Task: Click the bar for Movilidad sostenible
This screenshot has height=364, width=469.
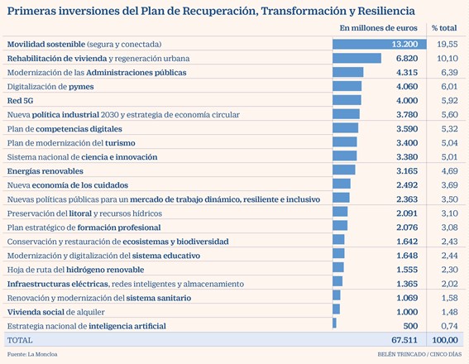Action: [380, 45]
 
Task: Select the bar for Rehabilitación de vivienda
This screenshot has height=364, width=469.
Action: [357, 59]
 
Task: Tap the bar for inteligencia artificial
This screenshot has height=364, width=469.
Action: [334, 323]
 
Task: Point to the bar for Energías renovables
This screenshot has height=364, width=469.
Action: [344, 170]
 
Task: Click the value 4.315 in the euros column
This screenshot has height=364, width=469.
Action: [407, 72]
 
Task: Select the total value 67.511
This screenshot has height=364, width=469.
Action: [404, 340]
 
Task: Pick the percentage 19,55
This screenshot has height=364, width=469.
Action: [447, 45]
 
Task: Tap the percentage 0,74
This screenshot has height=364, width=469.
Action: [449, 326]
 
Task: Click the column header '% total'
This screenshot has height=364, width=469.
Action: [444, 28]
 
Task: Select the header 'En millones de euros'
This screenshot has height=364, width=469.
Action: [378, 28]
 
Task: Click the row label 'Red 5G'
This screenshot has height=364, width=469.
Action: [20, 101]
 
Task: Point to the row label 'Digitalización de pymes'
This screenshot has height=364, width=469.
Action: [50, 87]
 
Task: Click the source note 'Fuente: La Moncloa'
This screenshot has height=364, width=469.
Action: [32, 354]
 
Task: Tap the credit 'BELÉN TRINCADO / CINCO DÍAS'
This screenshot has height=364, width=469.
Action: [419, 354]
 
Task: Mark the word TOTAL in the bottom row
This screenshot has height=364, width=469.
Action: [20, 340]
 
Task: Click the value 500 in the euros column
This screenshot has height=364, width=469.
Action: [410, 326]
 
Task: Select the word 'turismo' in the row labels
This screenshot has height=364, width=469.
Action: [120, 143]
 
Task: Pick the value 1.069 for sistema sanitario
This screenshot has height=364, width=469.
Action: [407, 298]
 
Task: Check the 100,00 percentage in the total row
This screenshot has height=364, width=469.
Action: [445, 340]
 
